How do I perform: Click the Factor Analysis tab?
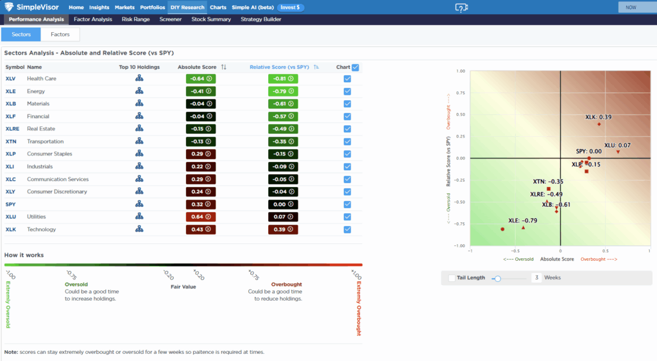tap(93, 19)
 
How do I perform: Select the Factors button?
tap(60, 34)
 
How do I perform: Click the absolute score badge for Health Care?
tap(200, 78)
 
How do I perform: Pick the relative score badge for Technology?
tap(283, 229)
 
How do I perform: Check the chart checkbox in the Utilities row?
tap(347, 217)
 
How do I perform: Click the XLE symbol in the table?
tap(10, 91)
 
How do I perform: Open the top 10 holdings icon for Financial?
tap(139, 116)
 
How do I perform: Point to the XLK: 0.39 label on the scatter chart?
tap(598, 117)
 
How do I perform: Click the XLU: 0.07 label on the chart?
tap(617, 145)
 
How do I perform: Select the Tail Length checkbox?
tap(452, 278)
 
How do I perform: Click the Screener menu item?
tap(171, 19)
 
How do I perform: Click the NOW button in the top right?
tap(631, 7)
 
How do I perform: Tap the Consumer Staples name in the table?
tap(49, 154)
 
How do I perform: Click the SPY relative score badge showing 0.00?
tap(283, 204)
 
